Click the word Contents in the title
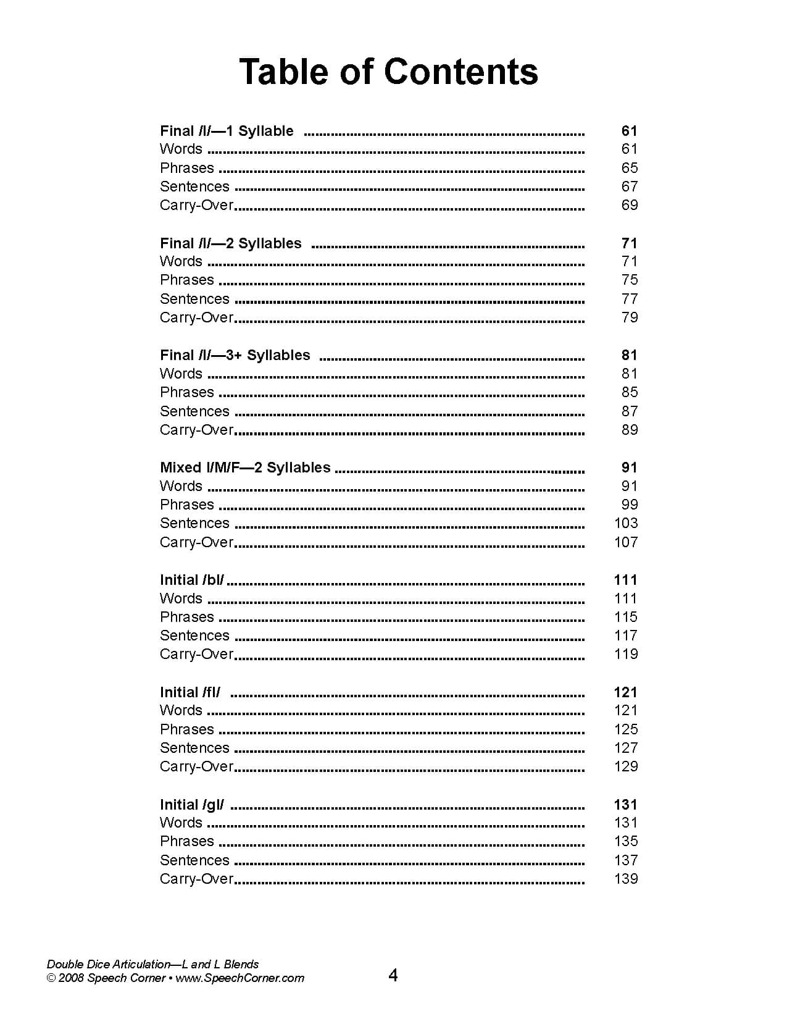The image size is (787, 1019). pyautogui.click(x=461, y=72)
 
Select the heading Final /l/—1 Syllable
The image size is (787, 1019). pyautogui.click(x=227, y=131)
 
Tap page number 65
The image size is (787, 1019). pyautogui.click(x=629, y=168)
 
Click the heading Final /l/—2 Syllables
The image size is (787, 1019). pyautogui.click(x=230, y=243)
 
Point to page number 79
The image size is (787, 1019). pyautogui.click(x=629, y=317)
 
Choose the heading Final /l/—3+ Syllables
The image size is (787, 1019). pyautogui.click(x=235, y=355)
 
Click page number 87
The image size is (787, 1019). pyautogui.click(x=629, y=411)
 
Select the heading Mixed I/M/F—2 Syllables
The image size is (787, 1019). pyautogui.click(x=245, y=468)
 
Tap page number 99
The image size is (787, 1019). pyautogui.click(x=629, y=505)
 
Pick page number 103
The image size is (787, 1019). pyautogui.click(x=626, y=523)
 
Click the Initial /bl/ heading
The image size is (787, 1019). pyautogui.click(x=192, y=580)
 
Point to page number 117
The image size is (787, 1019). pyautogui.click(x=626, y=635)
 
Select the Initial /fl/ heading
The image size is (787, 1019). pyautogui.click(x=190, y=692)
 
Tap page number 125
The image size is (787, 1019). pyautogui.click(x=626, y=729)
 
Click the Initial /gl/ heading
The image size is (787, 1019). pyautogui.click(x=192, y=805)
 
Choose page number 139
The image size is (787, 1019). pyautogui.click(x=626, y=879)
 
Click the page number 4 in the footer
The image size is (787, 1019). pyautogui.click(x=393, y=975)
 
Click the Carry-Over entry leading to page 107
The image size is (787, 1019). pyautogui.click(x=196, y=542)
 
